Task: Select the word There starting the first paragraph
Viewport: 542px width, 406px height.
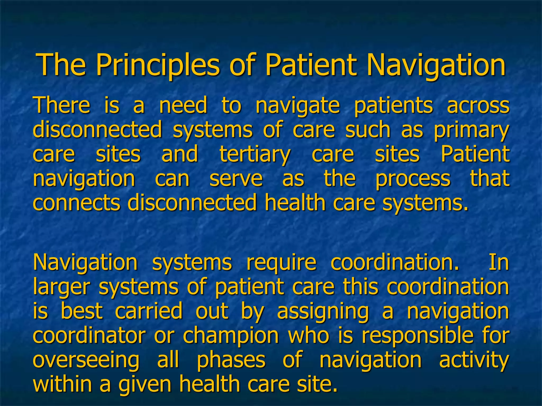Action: coord(61,105)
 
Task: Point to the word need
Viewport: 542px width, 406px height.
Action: coord(183,105)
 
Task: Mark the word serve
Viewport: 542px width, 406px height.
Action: coord(236,179)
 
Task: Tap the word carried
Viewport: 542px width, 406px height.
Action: coord(149,311)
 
